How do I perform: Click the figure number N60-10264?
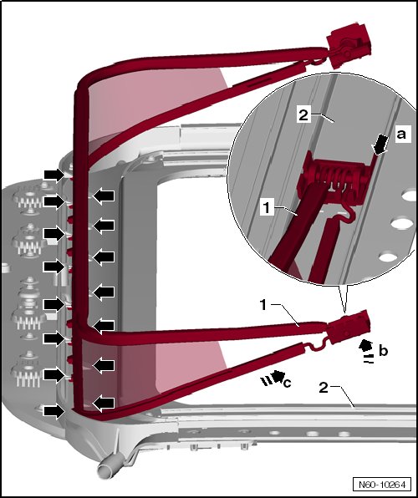(x=382, y=485)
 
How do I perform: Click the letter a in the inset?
(x=401, y=135)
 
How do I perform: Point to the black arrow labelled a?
(x=380, y=145)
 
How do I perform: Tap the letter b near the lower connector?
(x=384, y=351)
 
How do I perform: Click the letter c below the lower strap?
(x=287, y=384)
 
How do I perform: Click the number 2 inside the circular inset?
(x=303, y=114)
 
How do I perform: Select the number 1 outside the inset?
(x=263, y=305)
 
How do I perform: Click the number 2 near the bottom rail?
(x=324, y=387)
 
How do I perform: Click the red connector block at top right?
(x=348, y=46)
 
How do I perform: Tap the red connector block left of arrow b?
(x=348, y=328)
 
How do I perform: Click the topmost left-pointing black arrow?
(x=103, y=196)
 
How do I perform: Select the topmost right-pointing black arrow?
(x=54, y=175)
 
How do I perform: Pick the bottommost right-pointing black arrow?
(x=54, y=412)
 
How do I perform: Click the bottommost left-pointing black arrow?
(x=103, y=403)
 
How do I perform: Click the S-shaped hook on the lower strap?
(x=318, y=345)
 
